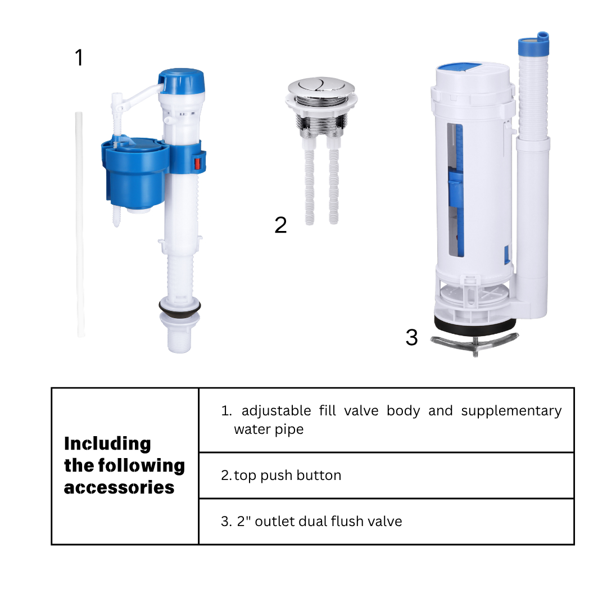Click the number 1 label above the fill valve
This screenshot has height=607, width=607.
[x=79, y=57]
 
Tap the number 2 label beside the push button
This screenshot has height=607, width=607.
[x=280, y=225]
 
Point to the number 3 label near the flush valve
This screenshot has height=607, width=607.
[x=411, y=337]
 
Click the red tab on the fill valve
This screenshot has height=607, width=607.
[x=197, y=164]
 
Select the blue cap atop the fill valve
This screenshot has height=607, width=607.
[x=182, y=81]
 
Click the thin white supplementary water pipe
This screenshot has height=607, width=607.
[x=80, y=224]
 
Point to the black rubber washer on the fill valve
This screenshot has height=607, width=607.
[x=180, y=306]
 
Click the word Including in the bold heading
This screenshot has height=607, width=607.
[x=107, y=444]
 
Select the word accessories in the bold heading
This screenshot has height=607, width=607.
[x=119, y=488]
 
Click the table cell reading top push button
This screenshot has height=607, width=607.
[x=386, y=475]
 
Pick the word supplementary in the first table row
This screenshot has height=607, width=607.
[x=511, y=411]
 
